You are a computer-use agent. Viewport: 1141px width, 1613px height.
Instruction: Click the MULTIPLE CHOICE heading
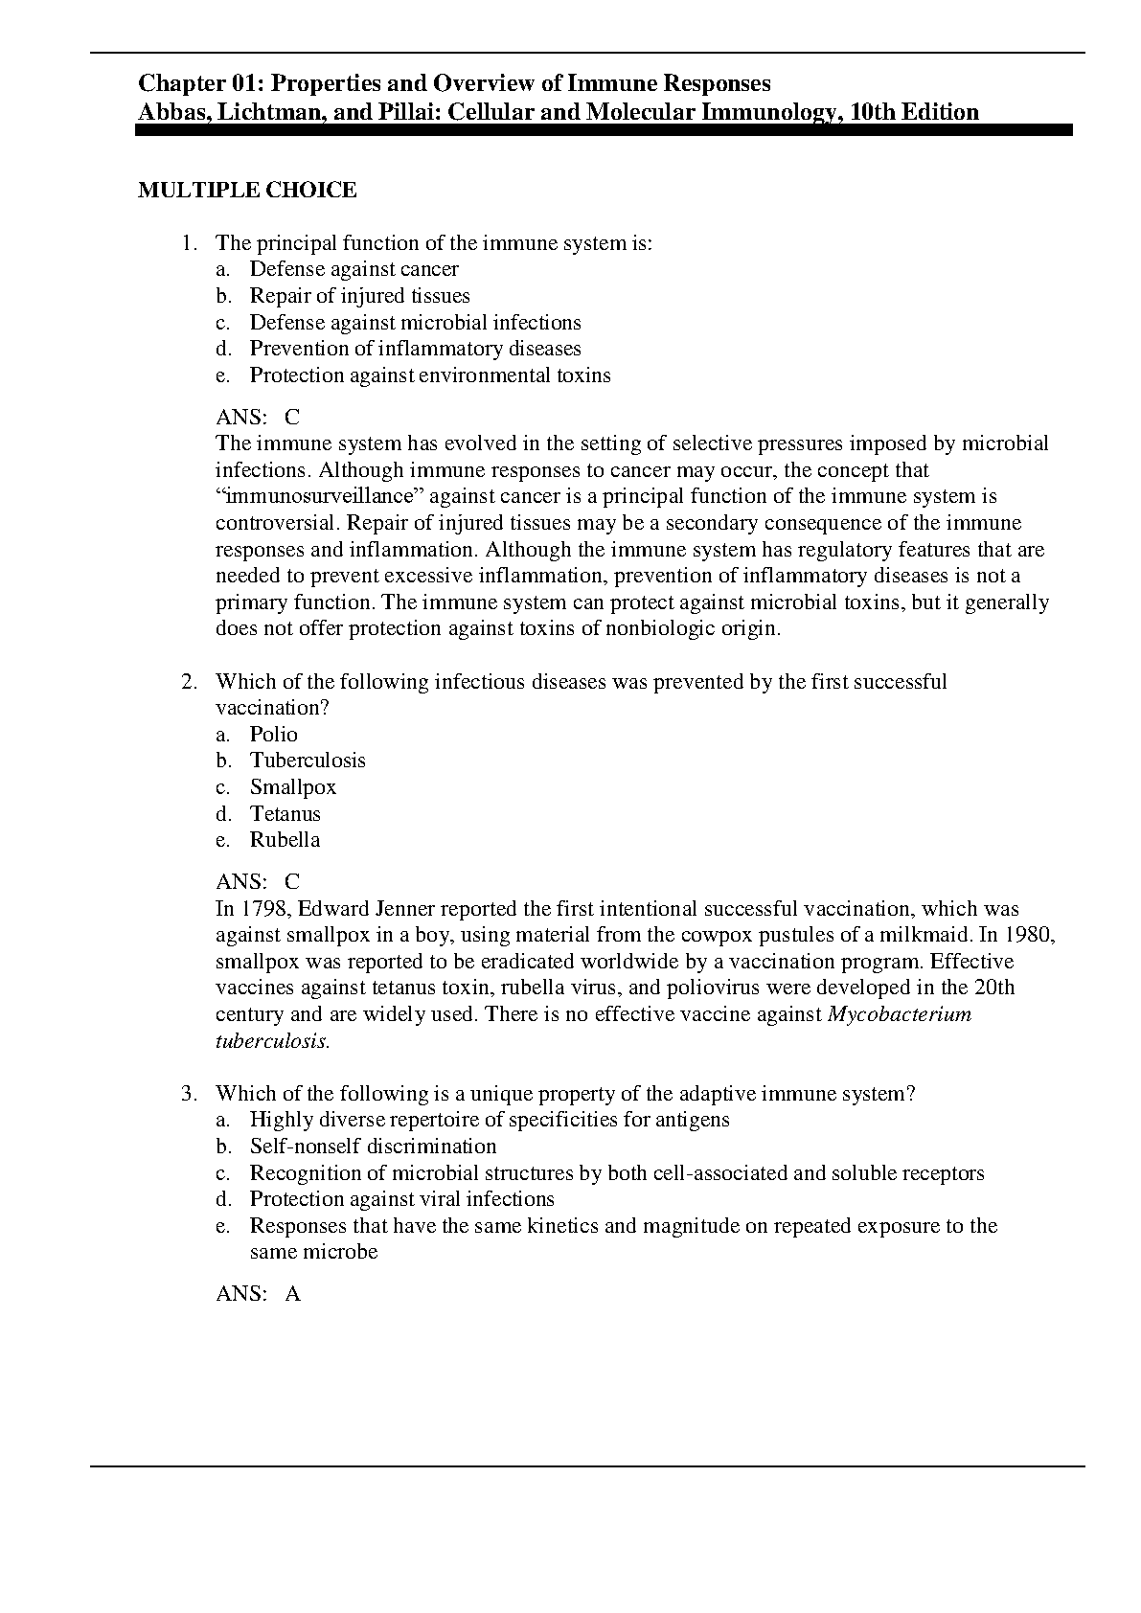247,191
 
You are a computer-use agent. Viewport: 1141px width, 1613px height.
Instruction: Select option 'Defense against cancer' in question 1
354,269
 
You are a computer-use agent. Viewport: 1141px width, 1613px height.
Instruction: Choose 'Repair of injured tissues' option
359,296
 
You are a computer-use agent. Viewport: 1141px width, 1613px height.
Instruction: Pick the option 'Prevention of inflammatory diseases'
415,349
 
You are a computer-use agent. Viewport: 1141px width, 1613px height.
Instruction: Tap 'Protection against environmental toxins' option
430,375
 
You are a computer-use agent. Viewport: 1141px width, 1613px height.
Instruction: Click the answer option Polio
274,735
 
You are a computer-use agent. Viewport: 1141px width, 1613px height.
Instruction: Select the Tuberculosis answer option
308,761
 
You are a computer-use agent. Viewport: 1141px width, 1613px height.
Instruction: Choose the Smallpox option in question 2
293,787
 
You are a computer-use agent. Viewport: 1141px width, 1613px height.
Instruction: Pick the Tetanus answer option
285,814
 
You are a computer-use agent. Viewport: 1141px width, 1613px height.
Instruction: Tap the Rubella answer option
285,840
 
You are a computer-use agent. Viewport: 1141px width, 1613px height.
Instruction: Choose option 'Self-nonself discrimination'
373,1147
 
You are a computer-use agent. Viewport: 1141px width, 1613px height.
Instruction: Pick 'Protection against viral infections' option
401,1199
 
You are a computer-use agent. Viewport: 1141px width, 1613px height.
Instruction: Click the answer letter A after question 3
293,1294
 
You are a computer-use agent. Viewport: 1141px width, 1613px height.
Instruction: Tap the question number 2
188,682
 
